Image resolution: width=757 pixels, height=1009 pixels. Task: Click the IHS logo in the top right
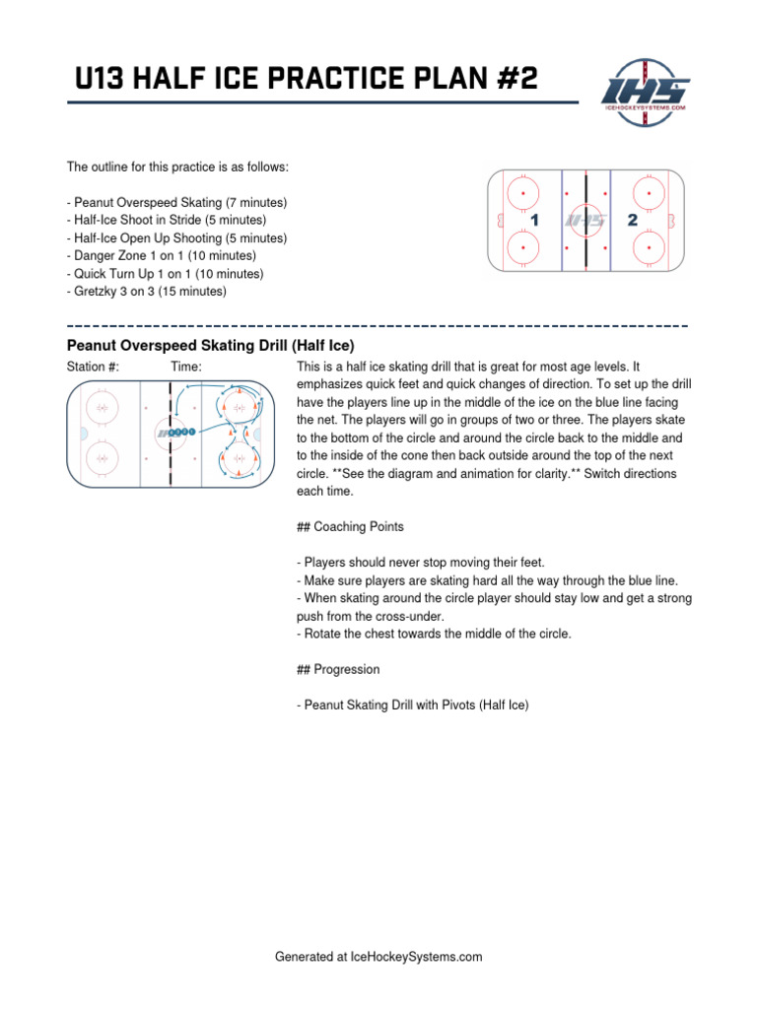point(646,88)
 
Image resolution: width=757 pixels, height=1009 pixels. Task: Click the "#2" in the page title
point(513,78)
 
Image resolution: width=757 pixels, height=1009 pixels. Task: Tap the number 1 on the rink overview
point(535,221)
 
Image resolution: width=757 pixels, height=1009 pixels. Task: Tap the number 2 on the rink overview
point(632,221)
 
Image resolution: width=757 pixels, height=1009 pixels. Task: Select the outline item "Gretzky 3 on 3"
point(146,292)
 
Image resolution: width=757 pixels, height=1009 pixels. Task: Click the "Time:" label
point(186,367)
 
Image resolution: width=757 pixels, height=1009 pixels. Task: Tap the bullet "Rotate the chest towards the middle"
point(434,634)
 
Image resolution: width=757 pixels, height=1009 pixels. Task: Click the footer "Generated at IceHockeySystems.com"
point(378,956)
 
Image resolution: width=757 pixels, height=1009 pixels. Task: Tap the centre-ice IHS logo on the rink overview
point(584,221)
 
